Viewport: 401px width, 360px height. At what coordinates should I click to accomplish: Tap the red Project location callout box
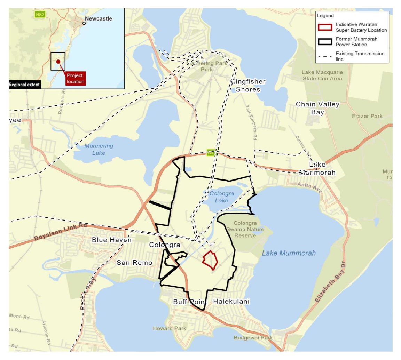coord(75,79)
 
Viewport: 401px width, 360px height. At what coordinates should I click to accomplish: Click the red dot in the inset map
coord(58,62)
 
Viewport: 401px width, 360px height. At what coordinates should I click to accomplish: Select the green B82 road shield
coord(40,14)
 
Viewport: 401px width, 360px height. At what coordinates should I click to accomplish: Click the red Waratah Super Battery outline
coord(210,260)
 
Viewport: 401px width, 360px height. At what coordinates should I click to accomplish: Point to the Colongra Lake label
coord(221,197)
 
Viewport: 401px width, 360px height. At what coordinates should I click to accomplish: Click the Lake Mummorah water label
coord(289,253)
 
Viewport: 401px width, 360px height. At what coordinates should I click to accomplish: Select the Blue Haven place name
coord(112,240)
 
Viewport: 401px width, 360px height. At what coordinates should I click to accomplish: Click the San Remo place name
coord(134,263)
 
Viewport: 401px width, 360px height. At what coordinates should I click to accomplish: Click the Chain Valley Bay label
coord(313,108)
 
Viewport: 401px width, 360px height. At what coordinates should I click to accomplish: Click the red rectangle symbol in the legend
coord(325,27)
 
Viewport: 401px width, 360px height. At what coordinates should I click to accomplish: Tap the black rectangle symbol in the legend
coord(325,41)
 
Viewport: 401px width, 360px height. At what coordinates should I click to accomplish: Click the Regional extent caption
coord(24,85)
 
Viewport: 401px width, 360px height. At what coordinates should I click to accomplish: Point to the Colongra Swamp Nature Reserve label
coord(245,229)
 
